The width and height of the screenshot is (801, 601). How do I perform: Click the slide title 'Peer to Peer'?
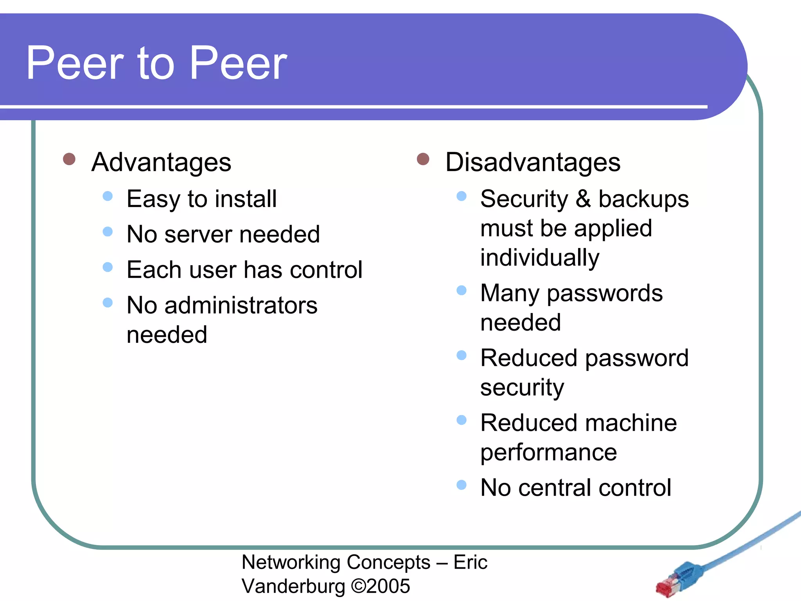click(156, 63)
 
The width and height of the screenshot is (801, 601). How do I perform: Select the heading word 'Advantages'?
click(161, 162)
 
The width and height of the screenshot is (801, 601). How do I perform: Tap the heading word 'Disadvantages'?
click(533, 162)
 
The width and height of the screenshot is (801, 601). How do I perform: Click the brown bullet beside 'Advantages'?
click(69, 159)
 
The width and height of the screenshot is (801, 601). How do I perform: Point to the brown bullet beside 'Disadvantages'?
click(423, 159)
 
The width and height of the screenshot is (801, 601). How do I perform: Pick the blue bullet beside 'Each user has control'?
click(108, 267)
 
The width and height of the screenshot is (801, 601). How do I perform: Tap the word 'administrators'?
click(241, 306)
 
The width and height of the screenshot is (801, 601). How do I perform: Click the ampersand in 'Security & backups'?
click(583, 199)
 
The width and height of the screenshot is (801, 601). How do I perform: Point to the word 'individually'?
click(540, 258)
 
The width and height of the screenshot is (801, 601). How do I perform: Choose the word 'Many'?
click(510, 293)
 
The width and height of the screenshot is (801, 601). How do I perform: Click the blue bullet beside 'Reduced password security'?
click(462, 355)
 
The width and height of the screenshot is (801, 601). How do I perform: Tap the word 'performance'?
click(548, 453)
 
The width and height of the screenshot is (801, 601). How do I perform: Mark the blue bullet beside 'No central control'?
click(462, 485)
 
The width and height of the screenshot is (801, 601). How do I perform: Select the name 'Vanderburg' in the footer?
click(293, 586)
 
